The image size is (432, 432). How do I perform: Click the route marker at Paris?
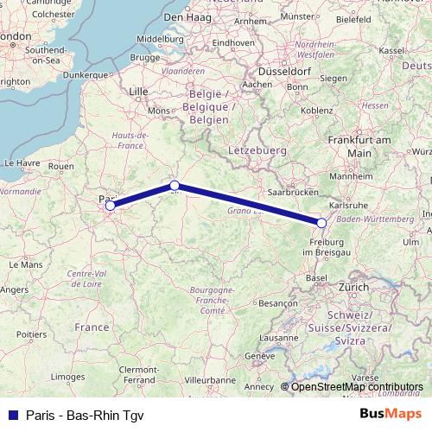pos(110,205)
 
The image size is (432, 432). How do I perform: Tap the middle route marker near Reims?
pos(175,185)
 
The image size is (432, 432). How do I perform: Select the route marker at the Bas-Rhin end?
pos(321,222)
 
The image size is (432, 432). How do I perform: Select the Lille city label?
pos(138,90)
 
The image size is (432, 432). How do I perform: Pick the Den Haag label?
pos(187,16)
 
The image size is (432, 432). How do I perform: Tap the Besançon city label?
pos(278,303)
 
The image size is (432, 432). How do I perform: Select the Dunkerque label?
pos(84,74)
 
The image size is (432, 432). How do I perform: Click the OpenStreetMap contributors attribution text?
pos(357,387)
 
